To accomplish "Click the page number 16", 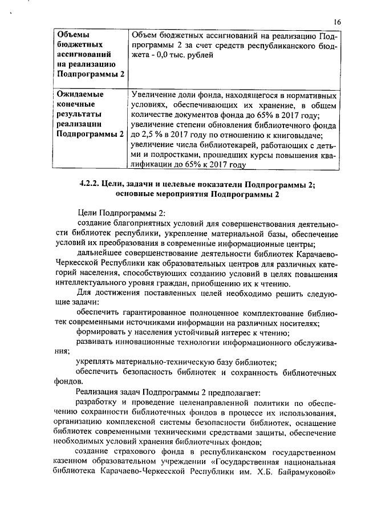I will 337,22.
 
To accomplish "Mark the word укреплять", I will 96,363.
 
